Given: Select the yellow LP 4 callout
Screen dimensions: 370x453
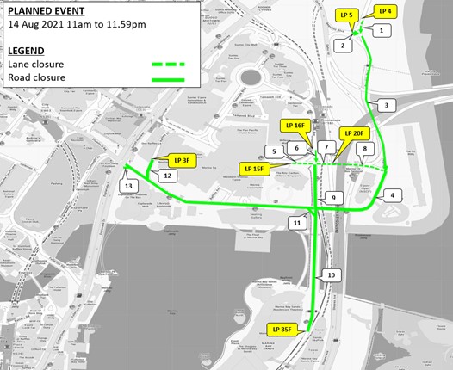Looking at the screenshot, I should coord(384,11).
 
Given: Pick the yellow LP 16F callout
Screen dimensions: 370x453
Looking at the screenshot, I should coord(293,126).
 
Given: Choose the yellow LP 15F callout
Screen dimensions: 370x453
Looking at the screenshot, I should coord(253,170).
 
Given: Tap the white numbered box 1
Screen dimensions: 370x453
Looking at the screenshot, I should coord(380,29).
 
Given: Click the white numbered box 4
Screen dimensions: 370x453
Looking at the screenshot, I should coord(392,195).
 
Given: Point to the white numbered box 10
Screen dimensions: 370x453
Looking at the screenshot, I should coord(330,275).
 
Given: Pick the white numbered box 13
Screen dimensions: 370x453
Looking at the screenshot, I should coord(128,186).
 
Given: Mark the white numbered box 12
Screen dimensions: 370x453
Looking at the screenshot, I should coord(169,176).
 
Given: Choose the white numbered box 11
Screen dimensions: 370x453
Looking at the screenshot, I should coord(297,223).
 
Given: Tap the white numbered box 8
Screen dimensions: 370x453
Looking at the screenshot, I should coord(365,149).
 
